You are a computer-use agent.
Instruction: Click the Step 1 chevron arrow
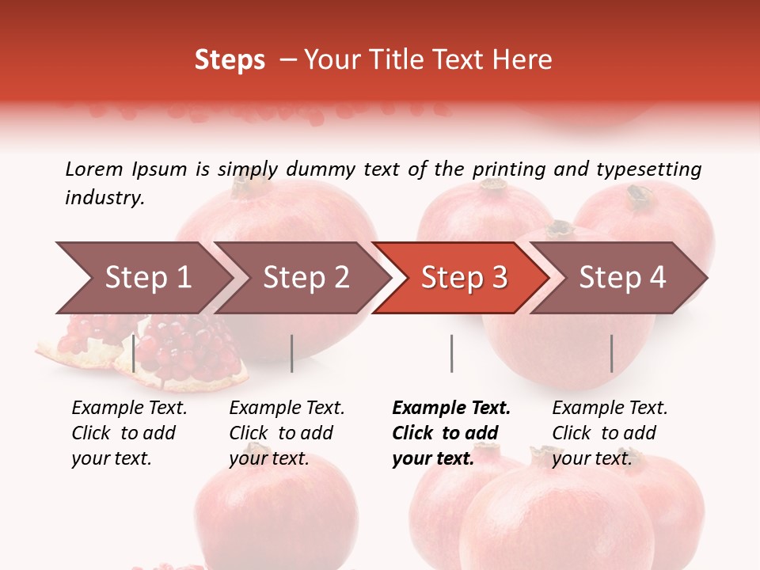coord(147,278)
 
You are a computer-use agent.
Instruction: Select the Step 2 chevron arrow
coord(306,278)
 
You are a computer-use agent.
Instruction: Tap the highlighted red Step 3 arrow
coord(464,278)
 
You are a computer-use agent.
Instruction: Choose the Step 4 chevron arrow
coord(622,278)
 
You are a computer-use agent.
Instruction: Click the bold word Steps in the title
coord(230,60)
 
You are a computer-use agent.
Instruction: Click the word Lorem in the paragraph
coord(94,169)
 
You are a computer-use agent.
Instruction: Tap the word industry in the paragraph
coord(104,198)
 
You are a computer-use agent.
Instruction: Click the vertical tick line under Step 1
coord(134,353)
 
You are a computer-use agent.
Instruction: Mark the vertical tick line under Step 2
coord(292,353)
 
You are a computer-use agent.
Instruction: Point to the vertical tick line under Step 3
coord(451,353)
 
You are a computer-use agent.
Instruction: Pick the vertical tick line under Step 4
coord(611,353)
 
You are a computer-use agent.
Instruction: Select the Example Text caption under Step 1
coord(129,433)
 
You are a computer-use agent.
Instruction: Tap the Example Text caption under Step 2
coord(287,433)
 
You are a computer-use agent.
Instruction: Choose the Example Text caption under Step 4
coord(610,433)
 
